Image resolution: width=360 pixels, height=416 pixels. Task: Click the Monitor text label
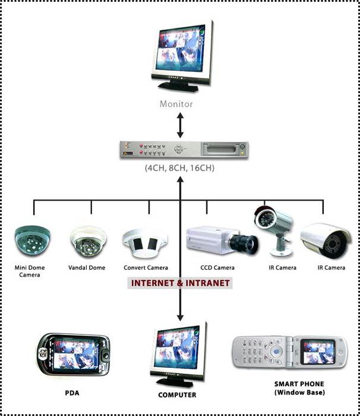(x=176, y=104)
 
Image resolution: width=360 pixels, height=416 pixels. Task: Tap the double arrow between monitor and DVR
(x=181, y=125)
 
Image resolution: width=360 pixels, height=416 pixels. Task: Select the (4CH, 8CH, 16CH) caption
(x=179, y=168)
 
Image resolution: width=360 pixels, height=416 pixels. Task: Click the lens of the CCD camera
(x=244, y=244)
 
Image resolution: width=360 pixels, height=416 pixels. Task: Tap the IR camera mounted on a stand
(x=274, y=229)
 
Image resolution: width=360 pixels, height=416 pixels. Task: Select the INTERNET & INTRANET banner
(x=180, y=283)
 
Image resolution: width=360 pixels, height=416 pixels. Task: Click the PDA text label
(x=72, y=393)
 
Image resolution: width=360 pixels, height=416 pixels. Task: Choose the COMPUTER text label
(x=177, y=395)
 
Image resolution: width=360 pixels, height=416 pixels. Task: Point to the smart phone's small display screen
(x=317, y=352)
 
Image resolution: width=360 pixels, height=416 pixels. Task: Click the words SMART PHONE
(x=299, y=384)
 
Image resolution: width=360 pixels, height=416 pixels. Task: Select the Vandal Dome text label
(x=87, y=267)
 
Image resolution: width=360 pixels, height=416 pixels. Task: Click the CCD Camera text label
(x=217, y=268)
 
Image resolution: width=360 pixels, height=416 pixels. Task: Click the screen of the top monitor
(x=181, y=51)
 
